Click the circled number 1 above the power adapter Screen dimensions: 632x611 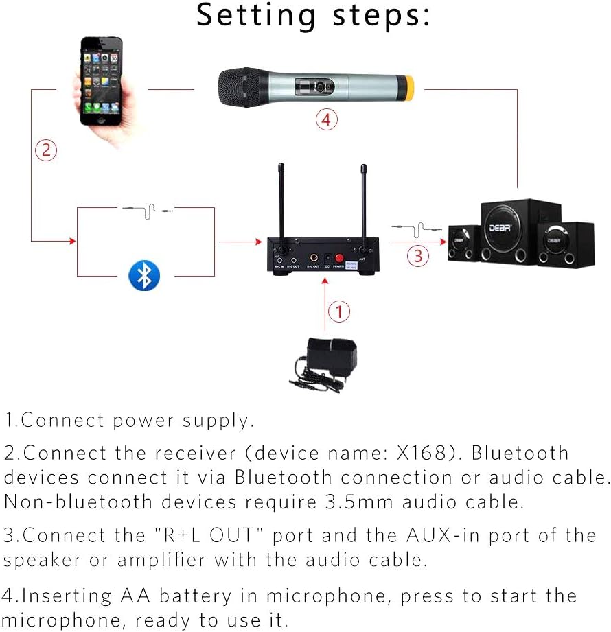pyautogui.click(x=338, y=312)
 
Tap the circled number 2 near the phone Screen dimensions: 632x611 pyautogui.click(x=45, y=150)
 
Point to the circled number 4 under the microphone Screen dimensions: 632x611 pyautogui.click(x=327, y=119)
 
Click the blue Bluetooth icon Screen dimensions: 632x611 pyautogui.click(x=144, y=276)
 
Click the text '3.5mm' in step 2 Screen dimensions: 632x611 pyautogui.click(x=356, y=502)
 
